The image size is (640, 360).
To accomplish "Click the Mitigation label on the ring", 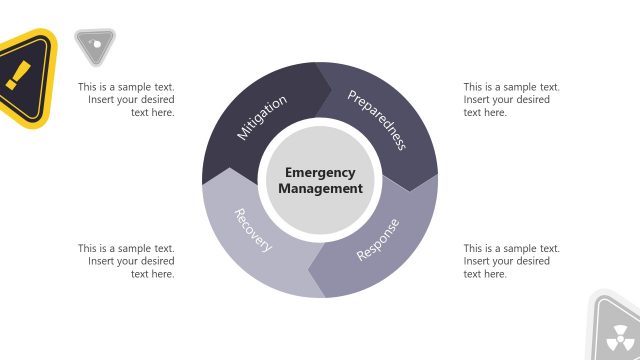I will tap(262, 117).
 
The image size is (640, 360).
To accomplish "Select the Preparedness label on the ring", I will tap(376, 119).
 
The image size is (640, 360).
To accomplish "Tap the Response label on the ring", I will tap(378, 240).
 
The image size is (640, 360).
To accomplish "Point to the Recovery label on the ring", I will tap(253, 230).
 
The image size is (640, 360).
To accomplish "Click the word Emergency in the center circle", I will tap(320, 172).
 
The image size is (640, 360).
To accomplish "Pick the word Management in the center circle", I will tap(320, 188).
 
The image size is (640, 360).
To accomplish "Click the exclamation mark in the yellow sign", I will tap(17, 74).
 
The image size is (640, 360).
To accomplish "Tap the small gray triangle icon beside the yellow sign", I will tap(94, 44).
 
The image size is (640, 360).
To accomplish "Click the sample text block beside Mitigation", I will tap(127, 100).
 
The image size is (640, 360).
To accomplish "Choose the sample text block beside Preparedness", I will tap(511, 100).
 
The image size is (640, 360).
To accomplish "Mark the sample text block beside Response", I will tap(511, 261).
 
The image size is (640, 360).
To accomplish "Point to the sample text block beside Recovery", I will tap(127, 261).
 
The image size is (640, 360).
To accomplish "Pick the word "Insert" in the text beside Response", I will tap(478, 261).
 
